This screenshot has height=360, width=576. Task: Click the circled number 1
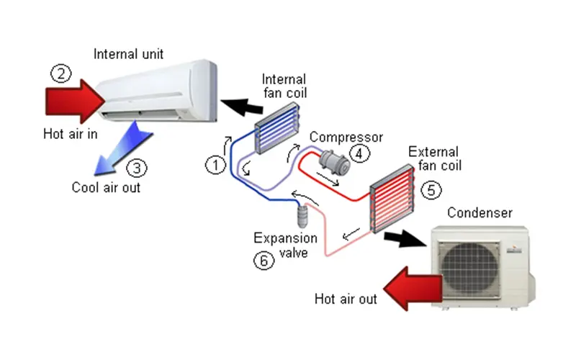[215, 165]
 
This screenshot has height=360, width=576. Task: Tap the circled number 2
[60, 73]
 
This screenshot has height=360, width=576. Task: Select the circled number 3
[137, 168]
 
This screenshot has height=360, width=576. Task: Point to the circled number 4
[359, 153]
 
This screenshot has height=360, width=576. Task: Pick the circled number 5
[431, 190]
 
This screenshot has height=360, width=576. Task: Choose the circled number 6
[264, 261]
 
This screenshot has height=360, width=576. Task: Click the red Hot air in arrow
[76, 102]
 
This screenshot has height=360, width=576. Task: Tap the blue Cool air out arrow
[122, 150]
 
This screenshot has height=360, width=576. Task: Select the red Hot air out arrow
[413, 289]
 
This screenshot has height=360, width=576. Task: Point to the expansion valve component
[303, 216]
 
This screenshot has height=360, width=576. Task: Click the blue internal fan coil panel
[277, 128]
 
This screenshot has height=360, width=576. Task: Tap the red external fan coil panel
[392, 199]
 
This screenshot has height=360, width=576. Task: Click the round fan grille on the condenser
[470, 270]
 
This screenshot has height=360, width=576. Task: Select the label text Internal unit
[128, 54]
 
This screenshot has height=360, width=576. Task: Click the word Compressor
[346, 138]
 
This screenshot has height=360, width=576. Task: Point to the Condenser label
[480, 212]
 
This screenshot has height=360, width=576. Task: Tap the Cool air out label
[106, 187]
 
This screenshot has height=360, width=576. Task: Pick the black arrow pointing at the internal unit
[242, 107]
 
